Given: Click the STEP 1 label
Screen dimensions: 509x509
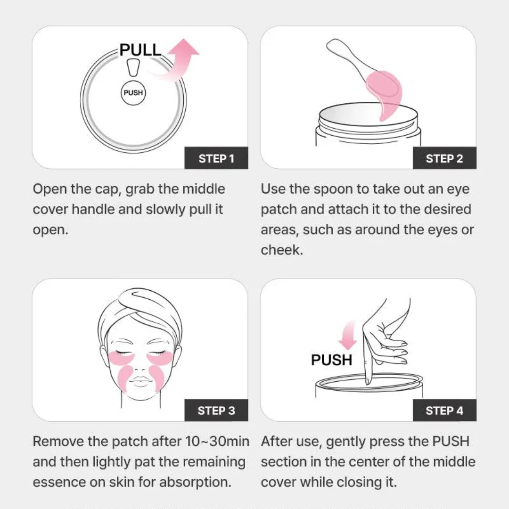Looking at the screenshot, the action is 216,158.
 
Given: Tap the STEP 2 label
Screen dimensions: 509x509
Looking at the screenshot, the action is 444,158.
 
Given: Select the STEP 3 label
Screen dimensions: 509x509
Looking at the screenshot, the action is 216,410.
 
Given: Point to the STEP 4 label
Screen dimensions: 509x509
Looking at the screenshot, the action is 444,410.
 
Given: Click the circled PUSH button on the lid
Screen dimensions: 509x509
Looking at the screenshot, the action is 133,93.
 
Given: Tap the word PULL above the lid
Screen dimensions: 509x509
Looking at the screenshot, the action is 140,49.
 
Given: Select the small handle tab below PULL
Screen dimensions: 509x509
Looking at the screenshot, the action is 133,67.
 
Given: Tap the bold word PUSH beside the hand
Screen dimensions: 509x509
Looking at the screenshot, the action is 331,360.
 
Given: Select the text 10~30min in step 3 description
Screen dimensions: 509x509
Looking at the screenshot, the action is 217,442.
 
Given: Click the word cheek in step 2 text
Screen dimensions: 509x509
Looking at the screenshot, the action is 282,250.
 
